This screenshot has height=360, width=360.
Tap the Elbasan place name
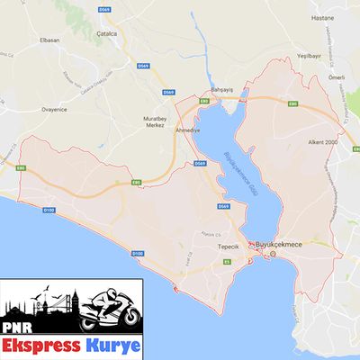(50, 41)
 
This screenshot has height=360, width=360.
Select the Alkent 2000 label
(320, 142)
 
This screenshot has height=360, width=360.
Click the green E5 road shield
(228, 261)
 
